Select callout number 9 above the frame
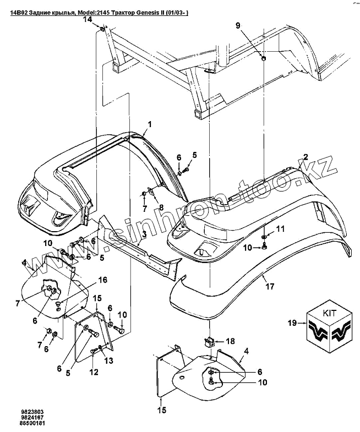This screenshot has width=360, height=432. point(238,25)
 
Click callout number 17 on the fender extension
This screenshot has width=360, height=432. point(270,286)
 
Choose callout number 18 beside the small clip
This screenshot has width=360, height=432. point(230,341)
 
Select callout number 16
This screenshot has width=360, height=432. point(102,280)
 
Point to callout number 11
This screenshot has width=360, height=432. point(280,228)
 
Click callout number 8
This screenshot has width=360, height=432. point(161,207)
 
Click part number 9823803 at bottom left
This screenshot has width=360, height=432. point(20,411)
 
